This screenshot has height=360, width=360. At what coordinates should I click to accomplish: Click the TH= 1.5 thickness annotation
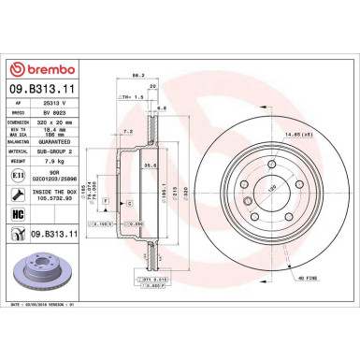[133, 96]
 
